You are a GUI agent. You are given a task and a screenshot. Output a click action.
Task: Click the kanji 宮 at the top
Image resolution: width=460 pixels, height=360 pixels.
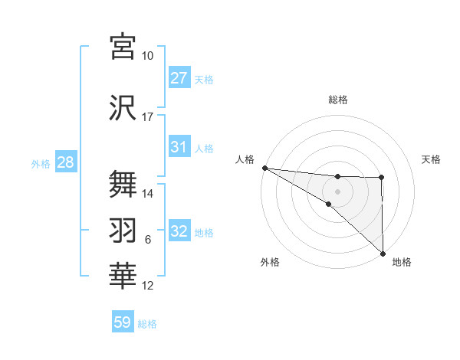pos(123,47)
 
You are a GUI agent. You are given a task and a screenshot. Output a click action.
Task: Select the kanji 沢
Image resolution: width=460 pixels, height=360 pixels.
pos(123,107)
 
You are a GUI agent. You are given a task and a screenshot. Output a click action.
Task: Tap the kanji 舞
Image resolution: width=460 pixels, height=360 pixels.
pos(123,185)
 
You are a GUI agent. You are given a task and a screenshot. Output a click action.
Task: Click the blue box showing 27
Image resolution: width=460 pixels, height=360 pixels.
pos(179,78)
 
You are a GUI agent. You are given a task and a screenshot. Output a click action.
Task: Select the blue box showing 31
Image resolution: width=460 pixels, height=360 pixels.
pos(179,147)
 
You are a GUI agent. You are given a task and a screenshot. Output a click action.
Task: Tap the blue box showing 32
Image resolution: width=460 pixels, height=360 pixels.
pos(179,232)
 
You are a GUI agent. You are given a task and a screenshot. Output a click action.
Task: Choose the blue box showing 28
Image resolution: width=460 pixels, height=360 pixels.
pos(65,163)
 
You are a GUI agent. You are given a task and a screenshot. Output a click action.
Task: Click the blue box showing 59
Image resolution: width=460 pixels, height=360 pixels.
pos(123,322)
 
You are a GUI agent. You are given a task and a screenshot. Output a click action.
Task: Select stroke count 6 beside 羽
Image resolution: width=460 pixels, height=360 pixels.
pos(148,241)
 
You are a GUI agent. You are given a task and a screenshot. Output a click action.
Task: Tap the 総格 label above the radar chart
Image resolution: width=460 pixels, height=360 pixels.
pos(338,100)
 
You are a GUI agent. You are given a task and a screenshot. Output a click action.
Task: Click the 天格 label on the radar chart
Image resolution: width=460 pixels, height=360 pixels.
pos(431,159)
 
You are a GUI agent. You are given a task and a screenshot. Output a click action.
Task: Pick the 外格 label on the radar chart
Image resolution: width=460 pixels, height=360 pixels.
pos(270,262)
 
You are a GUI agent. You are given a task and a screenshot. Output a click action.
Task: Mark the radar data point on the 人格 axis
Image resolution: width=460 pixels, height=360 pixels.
pos(264,168)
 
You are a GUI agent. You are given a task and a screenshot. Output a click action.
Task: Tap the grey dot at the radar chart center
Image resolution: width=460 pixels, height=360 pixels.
pos(337,190)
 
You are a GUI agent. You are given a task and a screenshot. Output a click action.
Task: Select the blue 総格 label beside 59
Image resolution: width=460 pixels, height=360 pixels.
pos(147,324)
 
